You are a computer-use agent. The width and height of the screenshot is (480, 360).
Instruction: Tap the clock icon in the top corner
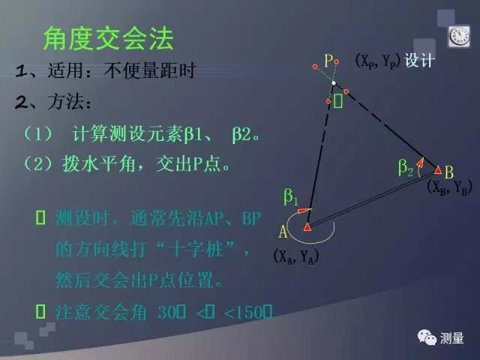pos(458,34)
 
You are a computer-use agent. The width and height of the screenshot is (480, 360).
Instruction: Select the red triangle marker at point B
pos(438,170)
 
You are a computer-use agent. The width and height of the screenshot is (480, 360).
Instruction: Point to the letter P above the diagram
pos(328,60)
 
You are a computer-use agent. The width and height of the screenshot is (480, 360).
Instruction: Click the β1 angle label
pos(290,198)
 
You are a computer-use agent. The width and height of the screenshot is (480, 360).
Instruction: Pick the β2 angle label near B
pos(405,169)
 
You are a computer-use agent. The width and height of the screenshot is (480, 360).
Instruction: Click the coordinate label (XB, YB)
pos(448,188)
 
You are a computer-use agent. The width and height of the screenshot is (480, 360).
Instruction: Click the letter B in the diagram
pos(448,171)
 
